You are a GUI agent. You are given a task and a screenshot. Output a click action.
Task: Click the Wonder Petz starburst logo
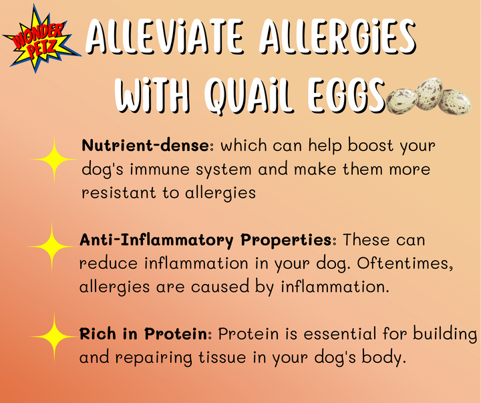coord(41,42)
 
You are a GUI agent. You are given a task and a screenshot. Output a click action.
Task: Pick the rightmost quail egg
coord(455,102)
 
